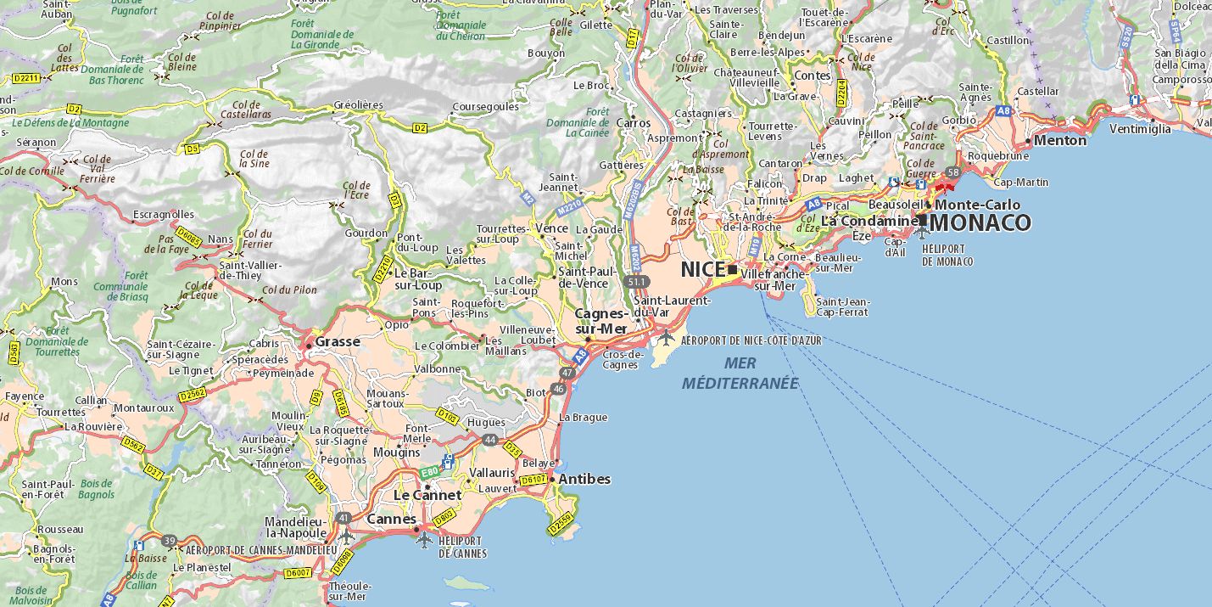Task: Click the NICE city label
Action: (x=703, y=269)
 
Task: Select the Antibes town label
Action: (x=584, y=479)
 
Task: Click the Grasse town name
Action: (x=338, y=341)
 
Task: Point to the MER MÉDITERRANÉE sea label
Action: (x=740, y=373)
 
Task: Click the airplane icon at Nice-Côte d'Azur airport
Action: (x=667, y=337)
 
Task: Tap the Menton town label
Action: (x=1060, y=140)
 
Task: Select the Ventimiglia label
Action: (x=1140, y=129)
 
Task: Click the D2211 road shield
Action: (x=27, y=78)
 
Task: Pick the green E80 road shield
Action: (x=430, y=471)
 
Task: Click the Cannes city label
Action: (x=391, y=519)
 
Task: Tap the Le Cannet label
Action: (x=427, y=495)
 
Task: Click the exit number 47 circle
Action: (x=567, y=373)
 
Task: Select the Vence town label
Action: (x=551, y=228)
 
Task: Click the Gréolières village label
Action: (x=358, y=105)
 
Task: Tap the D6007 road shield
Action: (x=298, y=573)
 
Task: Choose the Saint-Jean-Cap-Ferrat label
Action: (x=842, y=306)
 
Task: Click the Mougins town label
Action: (x=396, y=452)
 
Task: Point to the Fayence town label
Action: (x=25, y=396)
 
